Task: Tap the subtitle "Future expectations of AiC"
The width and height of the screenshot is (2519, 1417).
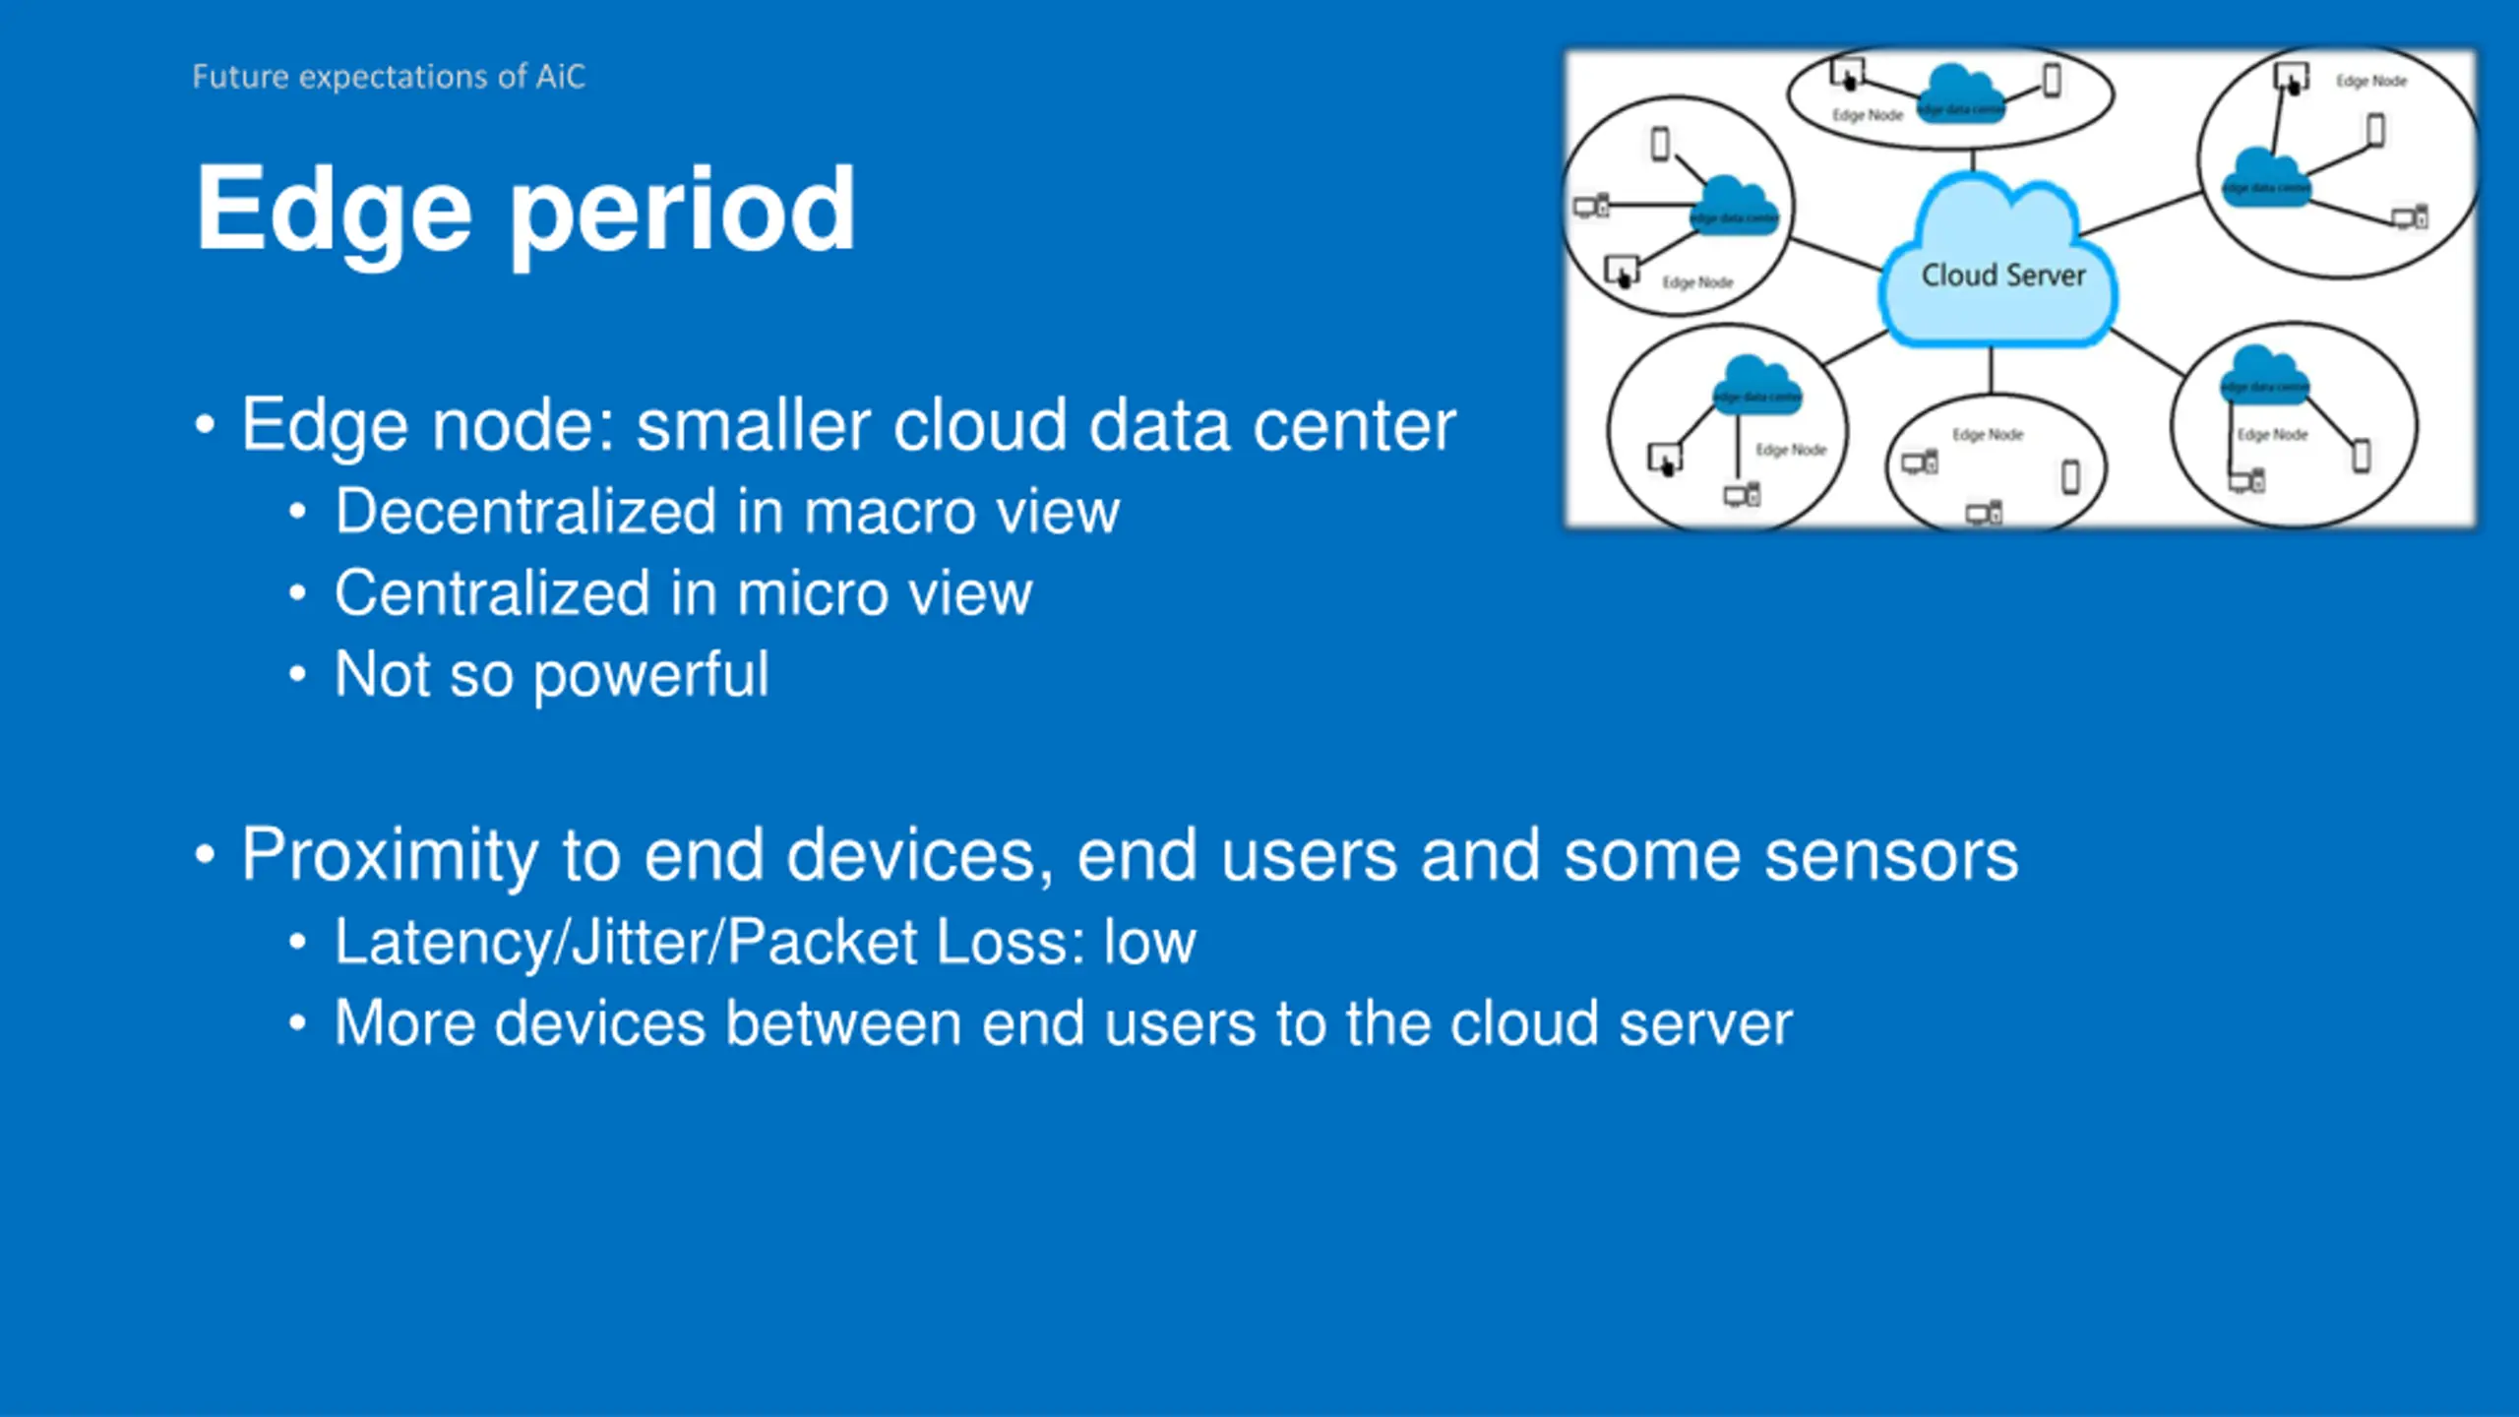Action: (x=389, y=77)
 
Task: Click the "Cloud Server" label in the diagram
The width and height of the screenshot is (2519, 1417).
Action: (x=2003, y=276)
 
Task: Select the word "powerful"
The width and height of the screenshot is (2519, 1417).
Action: (x=650, y=675)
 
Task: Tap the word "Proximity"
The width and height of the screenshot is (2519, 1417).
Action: (x=390, y=854)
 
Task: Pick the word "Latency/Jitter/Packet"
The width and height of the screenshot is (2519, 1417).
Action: (x=625, y=942)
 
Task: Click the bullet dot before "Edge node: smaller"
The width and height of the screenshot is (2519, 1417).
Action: (x=205, y=425)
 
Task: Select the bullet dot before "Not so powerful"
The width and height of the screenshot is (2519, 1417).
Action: (x=297, y=675)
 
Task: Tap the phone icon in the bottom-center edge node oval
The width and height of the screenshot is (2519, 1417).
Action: (x=2070, y=477)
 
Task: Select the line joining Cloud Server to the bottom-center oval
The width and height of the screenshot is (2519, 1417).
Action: (x=1992, y=370)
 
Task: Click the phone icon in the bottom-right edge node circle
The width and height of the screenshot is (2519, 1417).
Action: (x=2361, y=456)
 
